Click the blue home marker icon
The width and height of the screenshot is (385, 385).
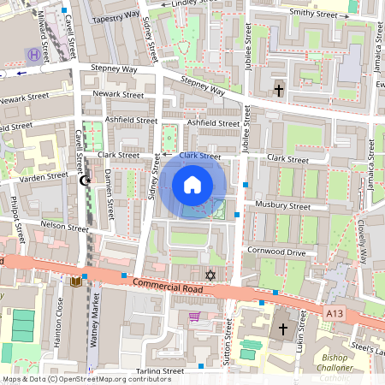tap(192, 184)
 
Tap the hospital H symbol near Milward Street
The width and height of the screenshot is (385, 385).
tap(33, 55)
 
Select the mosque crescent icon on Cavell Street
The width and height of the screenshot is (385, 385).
tap(84, 181)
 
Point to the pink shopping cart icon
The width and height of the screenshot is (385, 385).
tap(194, 317)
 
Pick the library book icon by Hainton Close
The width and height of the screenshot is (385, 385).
tap(76, 281)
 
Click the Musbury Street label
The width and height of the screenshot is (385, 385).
tap(283, 205)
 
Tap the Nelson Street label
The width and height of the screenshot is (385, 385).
tap(66, 228)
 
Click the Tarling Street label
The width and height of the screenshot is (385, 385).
tap(160, 371)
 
